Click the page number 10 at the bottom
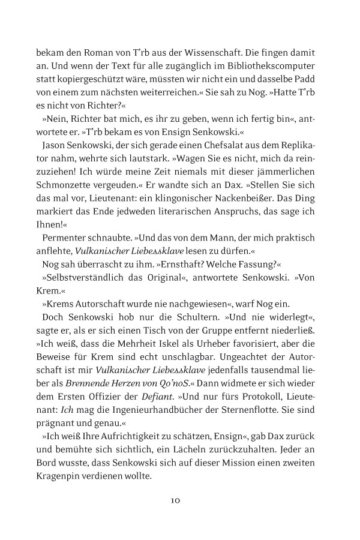[x=175, y=499]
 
